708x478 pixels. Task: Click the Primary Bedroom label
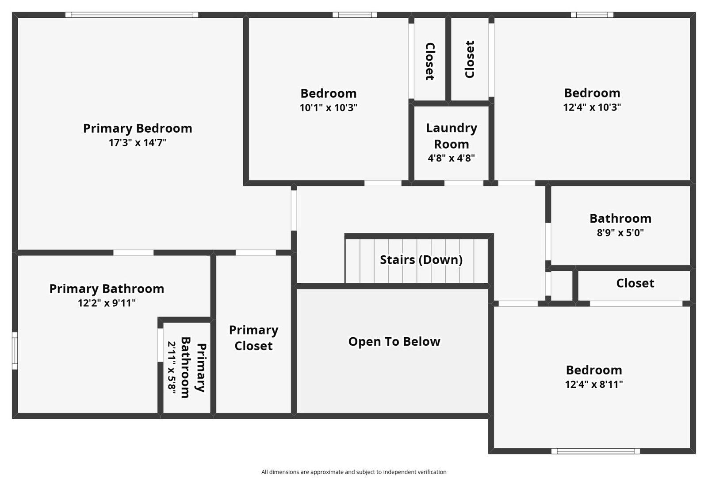pos(138,128)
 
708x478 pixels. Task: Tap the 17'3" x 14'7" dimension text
pos(138,143)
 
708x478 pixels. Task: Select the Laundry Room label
pos(452,136)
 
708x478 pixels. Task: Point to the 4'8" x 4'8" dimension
pos(452,158)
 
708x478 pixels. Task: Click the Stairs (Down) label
pos(421,260)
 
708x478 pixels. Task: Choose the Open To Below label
pos(394,342)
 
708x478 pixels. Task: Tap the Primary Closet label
pos(253,338)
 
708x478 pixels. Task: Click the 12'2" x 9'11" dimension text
pos(107,303)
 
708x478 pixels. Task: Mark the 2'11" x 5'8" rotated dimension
pos(172,366)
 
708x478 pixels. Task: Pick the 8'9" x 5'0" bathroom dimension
pos(620,233)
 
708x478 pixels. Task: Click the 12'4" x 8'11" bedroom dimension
pos(594,384)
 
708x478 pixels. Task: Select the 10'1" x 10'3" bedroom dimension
pos(329,108)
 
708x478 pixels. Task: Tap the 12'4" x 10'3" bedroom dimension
pos(592,107)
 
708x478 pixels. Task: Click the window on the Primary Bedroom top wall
pos(132,15)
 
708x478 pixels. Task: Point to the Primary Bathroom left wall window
pos(15,351)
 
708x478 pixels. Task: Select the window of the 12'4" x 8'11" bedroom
pos(595,451)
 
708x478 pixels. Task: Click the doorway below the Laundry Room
pos(463,183)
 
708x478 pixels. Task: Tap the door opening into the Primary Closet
pos(256,253)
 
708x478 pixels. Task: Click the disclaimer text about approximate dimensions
pos(354,472)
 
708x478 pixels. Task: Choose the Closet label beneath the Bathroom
pos(635,283)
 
